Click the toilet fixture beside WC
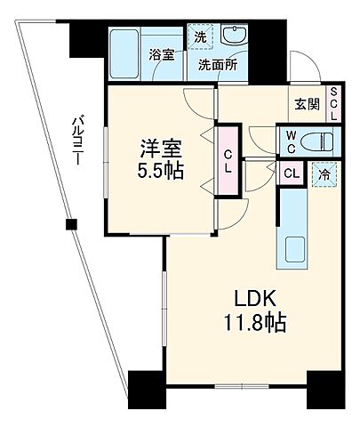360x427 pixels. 316,141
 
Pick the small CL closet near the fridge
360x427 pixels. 292,173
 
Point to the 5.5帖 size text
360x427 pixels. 160,170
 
